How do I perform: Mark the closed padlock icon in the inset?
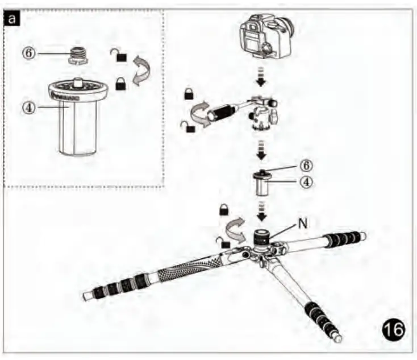(121, 84)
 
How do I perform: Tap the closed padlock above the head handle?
(189, 94)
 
